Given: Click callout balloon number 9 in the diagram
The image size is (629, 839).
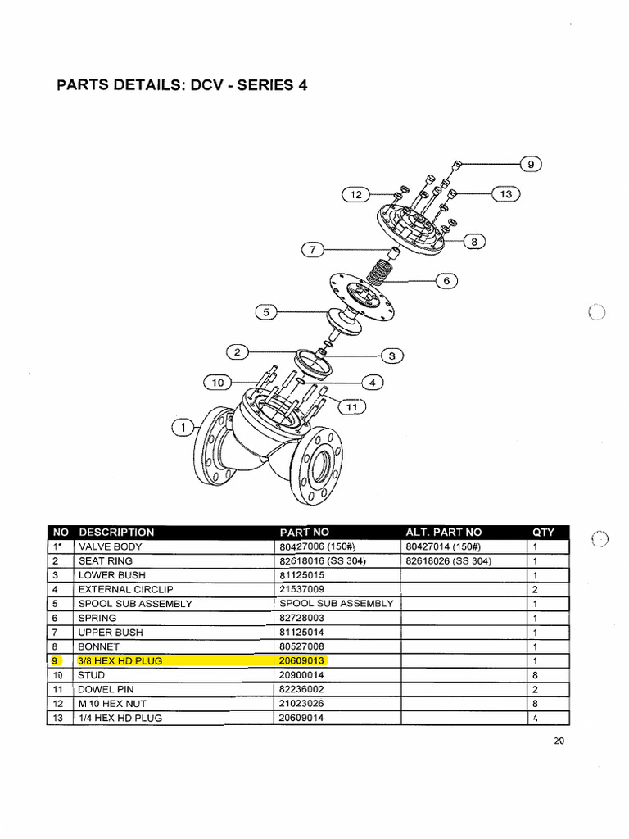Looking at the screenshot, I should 530,164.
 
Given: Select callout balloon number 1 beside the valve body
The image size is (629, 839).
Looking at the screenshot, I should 184,427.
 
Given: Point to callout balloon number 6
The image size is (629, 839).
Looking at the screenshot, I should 446,280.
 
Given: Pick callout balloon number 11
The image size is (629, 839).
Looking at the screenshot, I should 352,406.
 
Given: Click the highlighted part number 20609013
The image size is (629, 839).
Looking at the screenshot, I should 302,661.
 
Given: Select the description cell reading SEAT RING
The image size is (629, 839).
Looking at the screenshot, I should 105,561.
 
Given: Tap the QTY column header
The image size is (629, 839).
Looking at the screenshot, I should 543,533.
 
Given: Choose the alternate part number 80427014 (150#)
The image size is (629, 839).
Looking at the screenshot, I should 441,546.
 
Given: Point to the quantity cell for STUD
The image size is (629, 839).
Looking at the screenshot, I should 535,675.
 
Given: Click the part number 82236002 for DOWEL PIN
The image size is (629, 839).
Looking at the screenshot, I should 301,690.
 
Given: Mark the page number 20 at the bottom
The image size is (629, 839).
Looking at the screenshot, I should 559,741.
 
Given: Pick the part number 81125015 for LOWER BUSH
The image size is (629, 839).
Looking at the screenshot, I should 301,575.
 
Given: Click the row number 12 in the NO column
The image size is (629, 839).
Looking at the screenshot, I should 57,704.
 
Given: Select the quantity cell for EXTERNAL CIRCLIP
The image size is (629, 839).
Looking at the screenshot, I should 535,589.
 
